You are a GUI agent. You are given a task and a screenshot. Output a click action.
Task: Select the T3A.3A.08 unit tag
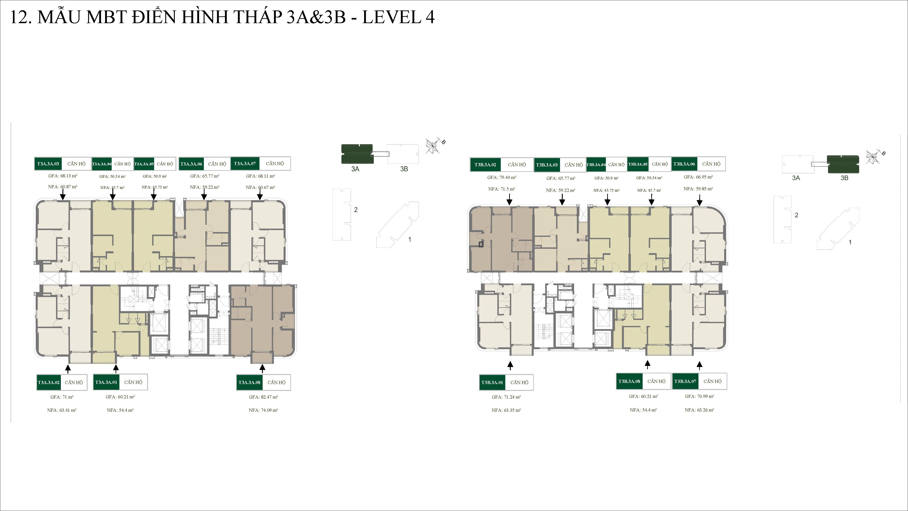249,382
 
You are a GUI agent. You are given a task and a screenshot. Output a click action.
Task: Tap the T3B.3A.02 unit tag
485,165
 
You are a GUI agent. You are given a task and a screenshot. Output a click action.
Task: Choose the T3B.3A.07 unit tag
685,381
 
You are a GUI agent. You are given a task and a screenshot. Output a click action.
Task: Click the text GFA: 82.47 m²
263,397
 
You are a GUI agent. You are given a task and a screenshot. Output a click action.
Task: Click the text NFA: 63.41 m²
62,410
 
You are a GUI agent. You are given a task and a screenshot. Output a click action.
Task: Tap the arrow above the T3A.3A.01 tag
116,369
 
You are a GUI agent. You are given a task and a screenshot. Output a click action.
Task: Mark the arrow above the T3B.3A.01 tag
510,365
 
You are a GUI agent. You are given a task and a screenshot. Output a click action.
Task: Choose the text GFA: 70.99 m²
699,396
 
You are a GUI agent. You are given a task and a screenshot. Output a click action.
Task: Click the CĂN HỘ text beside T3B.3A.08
656,381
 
